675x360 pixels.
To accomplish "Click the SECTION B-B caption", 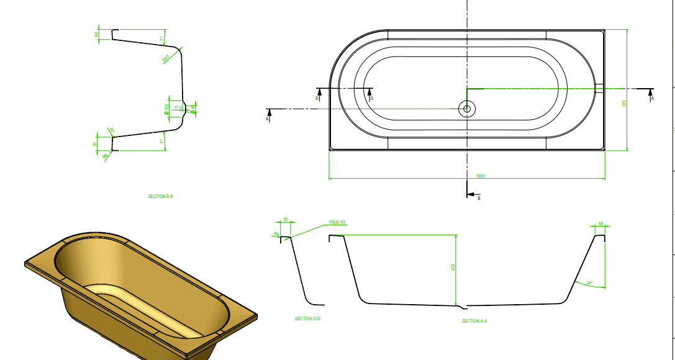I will pos(160,197).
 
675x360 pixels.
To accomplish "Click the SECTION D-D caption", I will pos(307,318).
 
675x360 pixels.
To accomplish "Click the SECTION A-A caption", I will pos(474,321).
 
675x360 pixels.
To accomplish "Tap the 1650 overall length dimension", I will pos(480,176).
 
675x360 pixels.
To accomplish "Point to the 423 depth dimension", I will pos(453,267).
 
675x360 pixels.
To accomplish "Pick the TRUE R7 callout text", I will pos(337,222).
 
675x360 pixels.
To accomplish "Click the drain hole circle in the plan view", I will pos(466,109).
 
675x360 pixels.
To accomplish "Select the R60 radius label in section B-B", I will pos(166,58).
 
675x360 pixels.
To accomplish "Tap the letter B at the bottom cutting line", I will pos(479,198).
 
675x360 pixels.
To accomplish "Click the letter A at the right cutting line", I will pos(652,98).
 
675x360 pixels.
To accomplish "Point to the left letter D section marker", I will pos(317,98).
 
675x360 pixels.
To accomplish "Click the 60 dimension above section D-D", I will pos(286,219).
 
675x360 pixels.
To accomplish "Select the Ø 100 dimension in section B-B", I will pos(166,109).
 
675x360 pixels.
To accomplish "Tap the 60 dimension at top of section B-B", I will pos(97,35).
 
